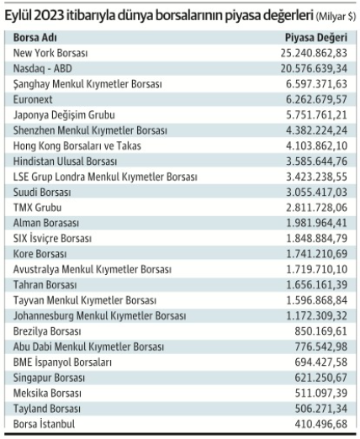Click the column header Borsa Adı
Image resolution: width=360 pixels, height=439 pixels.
click(35, 37)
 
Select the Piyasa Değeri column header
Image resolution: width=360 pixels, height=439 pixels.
click(316, 38)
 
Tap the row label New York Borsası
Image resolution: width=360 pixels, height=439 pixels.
click(50, 53)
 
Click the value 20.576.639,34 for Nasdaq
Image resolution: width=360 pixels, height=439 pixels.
click(314, 68)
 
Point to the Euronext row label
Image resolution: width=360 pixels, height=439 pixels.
click(33, 99)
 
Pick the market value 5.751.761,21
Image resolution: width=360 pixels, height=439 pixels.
click(316, 115)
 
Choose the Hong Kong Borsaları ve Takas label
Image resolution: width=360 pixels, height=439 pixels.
click(77, 145)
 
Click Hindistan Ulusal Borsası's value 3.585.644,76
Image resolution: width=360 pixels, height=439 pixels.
click(316, 161)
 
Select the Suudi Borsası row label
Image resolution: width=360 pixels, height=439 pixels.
click(42, 193)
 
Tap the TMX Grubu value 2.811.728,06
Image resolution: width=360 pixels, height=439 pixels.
click(316, 208)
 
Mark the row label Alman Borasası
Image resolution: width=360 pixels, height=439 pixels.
click(46, 223)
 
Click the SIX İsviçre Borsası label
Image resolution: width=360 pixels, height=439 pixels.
click(52, 239)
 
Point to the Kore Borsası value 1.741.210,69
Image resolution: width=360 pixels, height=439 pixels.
click(317, 254)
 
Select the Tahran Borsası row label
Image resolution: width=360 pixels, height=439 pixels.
click(45, 285)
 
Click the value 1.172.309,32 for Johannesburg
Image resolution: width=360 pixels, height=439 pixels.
click(317, 316)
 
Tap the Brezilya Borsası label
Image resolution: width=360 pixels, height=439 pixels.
click(47, 331)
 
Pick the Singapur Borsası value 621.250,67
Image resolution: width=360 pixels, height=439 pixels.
click(321, 378)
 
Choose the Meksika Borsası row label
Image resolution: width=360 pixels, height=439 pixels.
click(47, 393)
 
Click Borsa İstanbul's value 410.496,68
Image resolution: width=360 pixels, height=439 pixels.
click(321, 424)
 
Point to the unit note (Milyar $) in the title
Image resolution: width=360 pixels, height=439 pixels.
click(336, 17)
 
